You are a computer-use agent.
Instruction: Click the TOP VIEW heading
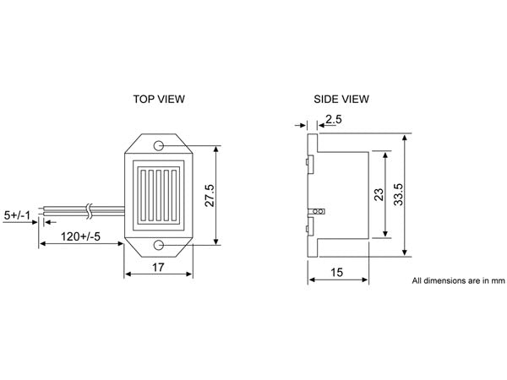[159, 99]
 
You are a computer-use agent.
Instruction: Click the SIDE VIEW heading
[341, 99]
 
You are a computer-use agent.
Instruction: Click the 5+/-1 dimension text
[18, 215]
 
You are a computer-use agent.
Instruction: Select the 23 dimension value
[379, 194]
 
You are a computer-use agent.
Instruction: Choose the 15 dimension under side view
[336, 273]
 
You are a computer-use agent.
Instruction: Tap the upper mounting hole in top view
[159, 145]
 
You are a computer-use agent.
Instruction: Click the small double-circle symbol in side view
[319, 210]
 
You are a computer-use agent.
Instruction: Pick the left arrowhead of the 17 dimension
[128, 274]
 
